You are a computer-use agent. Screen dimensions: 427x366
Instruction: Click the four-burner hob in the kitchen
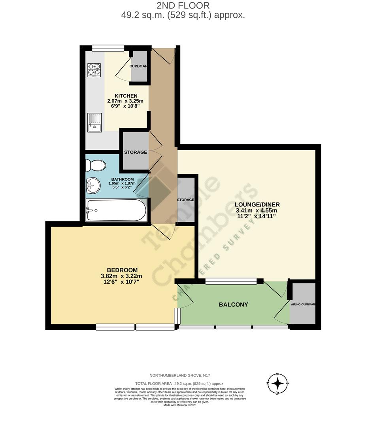pos(94,69)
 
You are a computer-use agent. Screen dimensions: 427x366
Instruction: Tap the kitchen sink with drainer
pos(94,122)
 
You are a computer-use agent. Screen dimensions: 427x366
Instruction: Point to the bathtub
pos(116,210)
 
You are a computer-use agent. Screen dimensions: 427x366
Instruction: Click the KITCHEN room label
pos(126,96)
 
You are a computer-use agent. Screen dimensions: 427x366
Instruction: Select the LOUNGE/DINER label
pos(257,204)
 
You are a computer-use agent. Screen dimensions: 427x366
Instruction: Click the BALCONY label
pos(233,304)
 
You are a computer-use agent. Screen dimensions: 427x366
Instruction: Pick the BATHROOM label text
pos(122,179)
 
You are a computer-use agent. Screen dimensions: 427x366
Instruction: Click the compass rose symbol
pos(278,384)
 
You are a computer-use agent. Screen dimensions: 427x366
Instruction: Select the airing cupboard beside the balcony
pos(303,304)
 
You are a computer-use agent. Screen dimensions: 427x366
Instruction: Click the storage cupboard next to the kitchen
pos(136,152)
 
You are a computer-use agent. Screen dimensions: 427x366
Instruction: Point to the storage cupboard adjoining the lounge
pos(186,200)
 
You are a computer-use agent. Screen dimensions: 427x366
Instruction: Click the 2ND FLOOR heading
pos(183,6)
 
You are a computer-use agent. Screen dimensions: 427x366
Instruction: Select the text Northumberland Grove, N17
pos(183,375)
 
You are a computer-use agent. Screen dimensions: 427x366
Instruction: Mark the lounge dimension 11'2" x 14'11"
pos(257,216)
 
